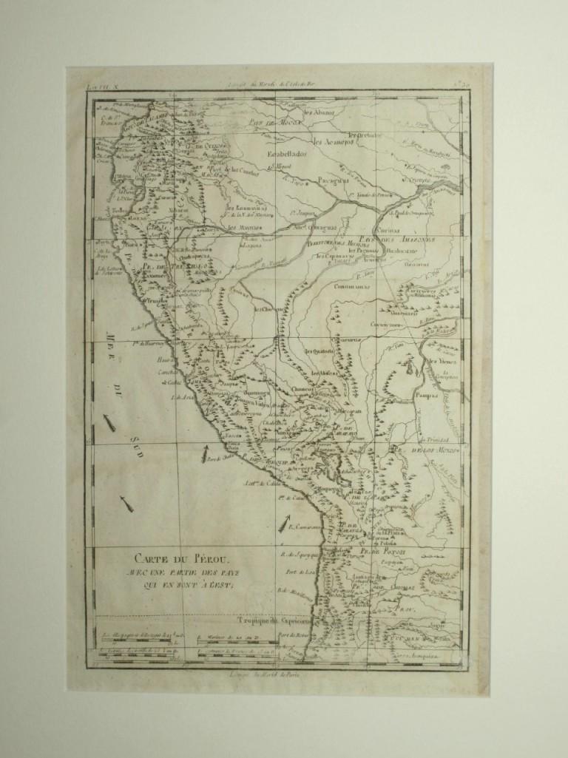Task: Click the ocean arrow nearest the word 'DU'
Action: pyautogui.click(x=111, y=423)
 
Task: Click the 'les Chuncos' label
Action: pyautogui.click(x=270, y=311)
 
